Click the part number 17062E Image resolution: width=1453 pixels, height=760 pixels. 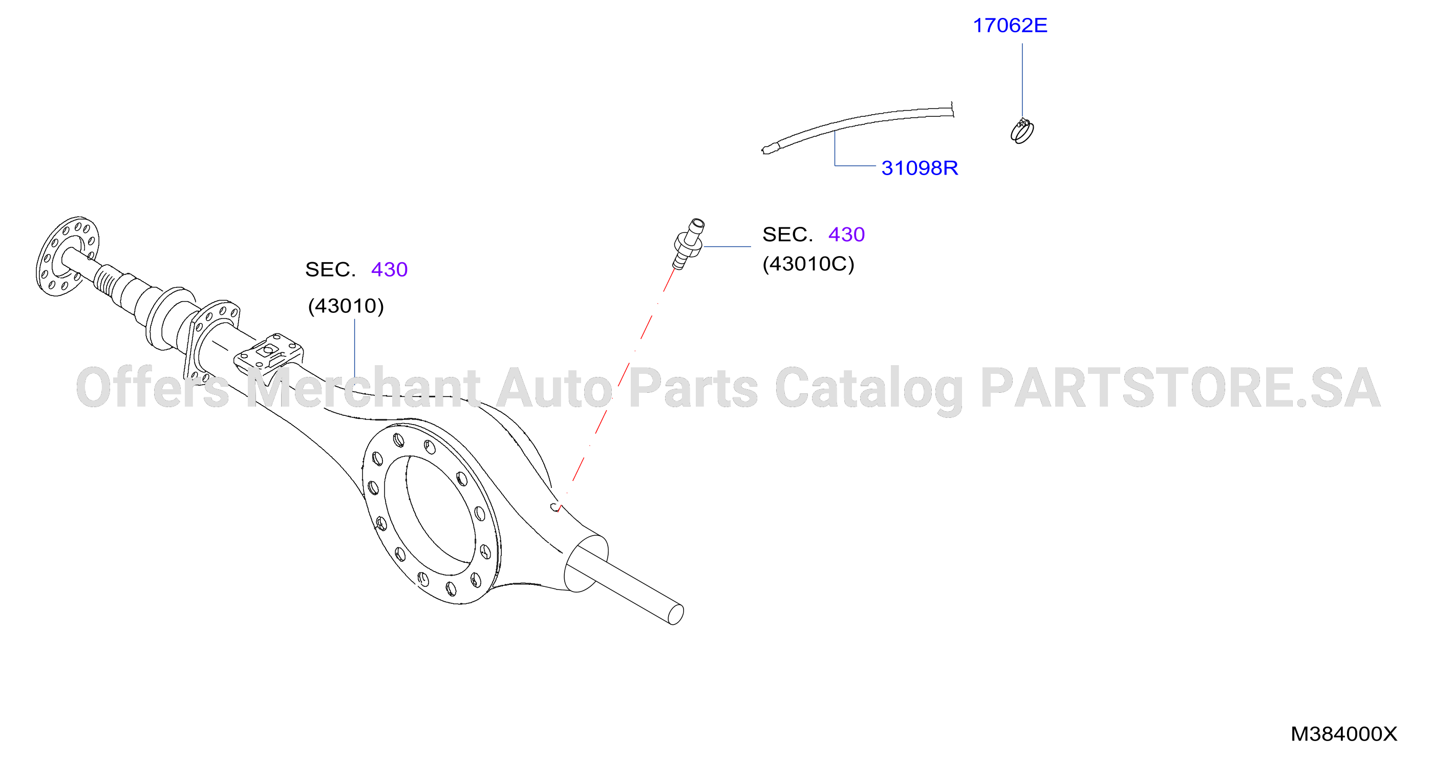pyautogui.click(x=1010, y=26)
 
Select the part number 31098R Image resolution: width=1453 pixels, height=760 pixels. pyautogui.click(x=920, y=168)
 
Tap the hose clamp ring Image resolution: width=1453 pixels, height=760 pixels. pyautogui.click(x=1022, y=132)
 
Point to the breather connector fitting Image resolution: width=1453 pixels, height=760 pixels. pyautogui.click(x=689, y=244)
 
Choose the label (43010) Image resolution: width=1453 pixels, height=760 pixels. pyautogui.click(x=346, y=306)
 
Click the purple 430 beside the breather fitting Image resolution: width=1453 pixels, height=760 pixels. pyautogui.click(x=846, y=235)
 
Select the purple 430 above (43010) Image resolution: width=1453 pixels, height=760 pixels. pyautogui.click(x=389, y=270)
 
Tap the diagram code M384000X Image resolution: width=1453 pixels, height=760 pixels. pyautogui.click(x=1343, y=734)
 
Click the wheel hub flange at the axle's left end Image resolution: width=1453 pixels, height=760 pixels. pyautogui.click(x=68, y=256)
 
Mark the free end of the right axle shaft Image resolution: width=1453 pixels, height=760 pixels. pyautogui.click(x=676, y=615)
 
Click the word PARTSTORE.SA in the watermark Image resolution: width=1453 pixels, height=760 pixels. pyautogui.click(x=1181, y=388)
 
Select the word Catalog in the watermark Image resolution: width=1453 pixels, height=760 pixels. pyautogui.click(x=869, y=389)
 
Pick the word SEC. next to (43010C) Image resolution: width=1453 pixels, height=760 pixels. pyautogui.click(x=787, y=235)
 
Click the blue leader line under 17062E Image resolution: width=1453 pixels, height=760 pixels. pyautogui.click(x=1022, y=81)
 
